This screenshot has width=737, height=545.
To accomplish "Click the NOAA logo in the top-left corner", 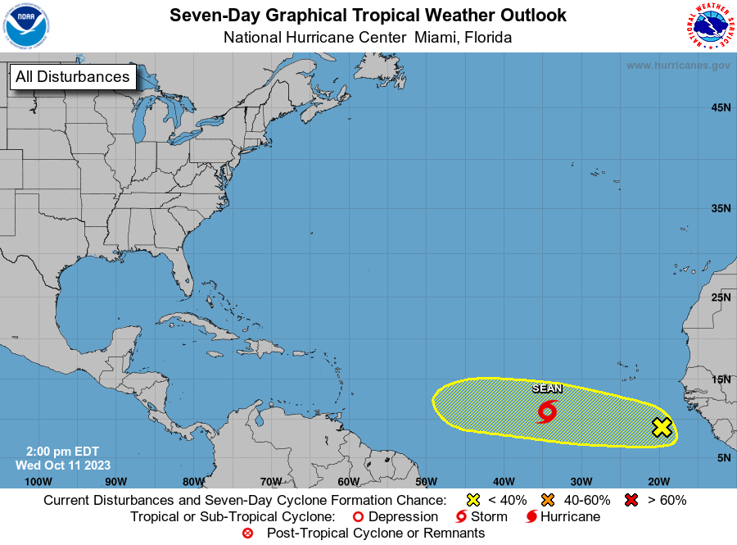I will pos(26,26).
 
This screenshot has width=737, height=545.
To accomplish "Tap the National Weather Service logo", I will pos(709,26).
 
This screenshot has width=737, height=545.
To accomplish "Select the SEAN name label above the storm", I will pos(547,389).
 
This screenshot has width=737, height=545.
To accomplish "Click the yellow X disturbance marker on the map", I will pos(662,427).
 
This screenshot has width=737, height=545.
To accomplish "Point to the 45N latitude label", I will pos(721,107).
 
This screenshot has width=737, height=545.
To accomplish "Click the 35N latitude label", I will pos(721,208).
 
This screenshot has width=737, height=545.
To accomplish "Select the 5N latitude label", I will pos(724,457).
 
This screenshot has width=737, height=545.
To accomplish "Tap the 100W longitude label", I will pos(38,481).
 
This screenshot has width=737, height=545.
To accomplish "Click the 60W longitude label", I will pos(348,481).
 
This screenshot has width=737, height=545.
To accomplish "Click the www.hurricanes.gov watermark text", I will pos(678,66).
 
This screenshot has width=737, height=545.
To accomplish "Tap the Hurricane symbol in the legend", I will pos(531,517).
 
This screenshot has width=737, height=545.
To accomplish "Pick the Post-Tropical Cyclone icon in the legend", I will pos(248,534).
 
